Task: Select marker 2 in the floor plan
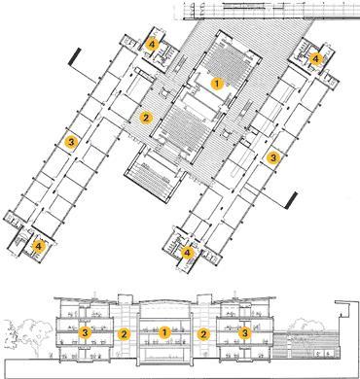point(146,119)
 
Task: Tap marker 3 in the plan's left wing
point(71,142)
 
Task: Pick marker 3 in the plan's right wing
point(273,155)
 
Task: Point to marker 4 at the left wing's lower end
point(38,247)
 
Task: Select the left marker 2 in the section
point(123,333)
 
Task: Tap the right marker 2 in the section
point(204,333)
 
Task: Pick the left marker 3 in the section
point(87,333)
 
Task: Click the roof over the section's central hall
point(165,295)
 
